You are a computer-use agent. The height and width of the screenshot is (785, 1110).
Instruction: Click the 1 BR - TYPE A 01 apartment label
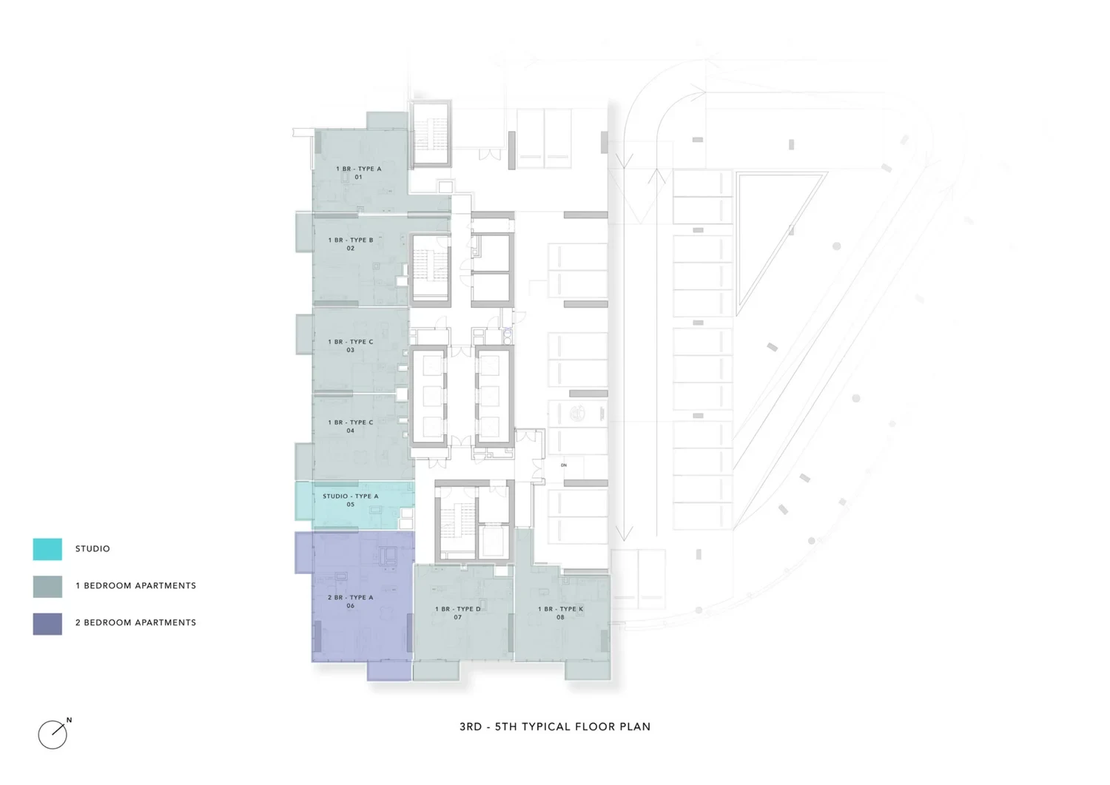tap(358, 172)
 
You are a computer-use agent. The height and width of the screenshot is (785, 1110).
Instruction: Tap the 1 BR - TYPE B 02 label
tap(350, 244)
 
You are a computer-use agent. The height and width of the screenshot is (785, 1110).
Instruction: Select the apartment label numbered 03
tap(350, 346)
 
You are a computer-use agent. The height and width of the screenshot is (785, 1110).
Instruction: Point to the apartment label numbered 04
tap(350, 426)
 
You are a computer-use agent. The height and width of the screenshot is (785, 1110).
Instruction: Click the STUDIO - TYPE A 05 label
tap(350, 500)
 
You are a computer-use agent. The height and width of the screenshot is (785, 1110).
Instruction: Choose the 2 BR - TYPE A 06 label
tap(350, 601)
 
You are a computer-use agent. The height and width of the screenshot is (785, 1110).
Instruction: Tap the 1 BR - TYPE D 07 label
tap(457, 613)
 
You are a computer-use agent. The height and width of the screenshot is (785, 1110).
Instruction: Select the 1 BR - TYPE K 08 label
tap(560, 613)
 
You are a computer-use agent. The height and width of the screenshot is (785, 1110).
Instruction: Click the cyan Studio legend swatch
tap(47, 549)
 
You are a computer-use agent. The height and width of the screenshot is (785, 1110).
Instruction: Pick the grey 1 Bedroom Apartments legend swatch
tap(47, 586)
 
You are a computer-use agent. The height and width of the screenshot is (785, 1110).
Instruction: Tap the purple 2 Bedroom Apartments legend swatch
tap(47, 624)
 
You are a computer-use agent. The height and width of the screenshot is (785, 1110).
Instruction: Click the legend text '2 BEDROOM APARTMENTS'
tap(135, 622)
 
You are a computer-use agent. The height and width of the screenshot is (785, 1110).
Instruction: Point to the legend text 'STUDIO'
tap(92, 548)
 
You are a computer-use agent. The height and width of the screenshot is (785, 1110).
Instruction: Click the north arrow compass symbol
tap(53, 734)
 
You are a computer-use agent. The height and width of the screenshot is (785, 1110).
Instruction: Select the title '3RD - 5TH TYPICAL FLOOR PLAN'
tap(555, 727)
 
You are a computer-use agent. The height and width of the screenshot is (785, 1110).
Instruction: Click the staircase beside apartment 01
tap(431, 134)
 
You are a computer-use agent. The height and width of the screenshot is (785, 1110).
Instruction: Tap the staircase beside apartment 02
tap(431, 270)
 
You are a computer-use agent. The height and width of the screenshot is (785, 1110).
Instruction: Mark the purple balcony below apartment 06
tap(389, 671)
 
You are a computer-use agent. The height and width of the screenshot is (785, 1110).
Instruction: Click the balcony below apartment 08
tap(588, 670)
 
